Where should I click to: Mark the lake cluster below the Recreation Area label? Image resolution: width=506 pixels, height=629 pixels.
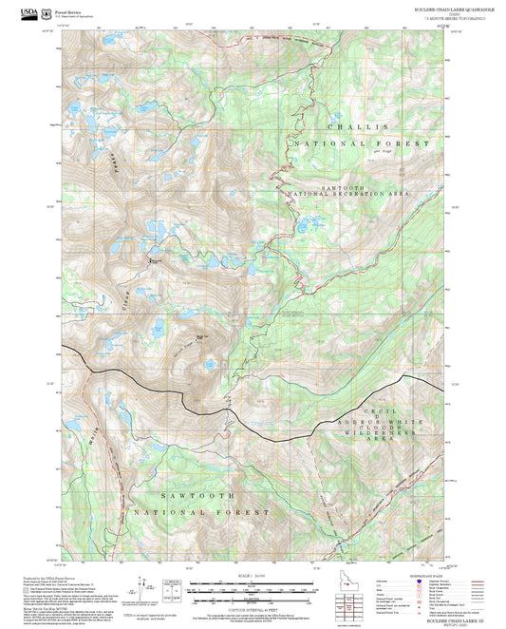click(x=309, y=225)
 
